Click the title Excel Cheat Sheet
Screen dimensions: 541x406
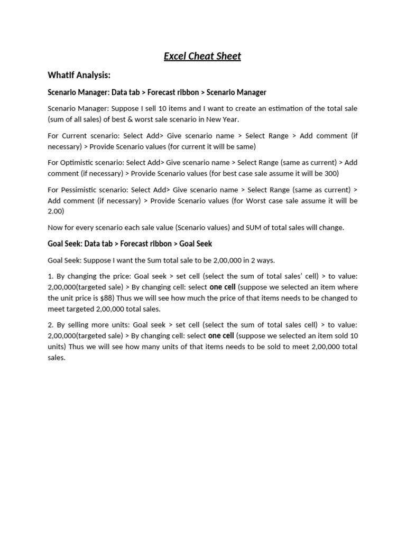pos(202,56)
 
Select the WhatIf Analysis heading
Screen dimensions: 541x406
pos(79,75)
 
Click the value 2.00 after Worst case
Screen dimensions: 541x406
pos(56,211)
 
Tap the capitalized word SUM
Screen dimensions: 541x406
pos(241,227)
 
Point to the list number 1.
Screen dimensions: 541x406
pos(50,276)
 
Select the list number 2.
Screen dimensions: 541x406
pos(50,325)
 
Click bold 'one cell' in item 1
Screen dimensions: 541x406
pos(223,287)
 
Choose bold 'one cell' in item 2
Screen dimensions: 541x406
pos(221,335)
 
